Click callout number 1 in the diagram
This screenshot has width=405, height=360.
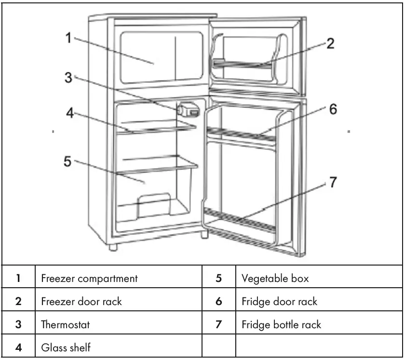[68, 38]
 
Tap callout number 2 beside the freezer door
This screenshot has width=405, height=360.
[329, 44]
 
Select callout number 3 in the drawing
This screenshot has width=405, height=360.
[68, 77]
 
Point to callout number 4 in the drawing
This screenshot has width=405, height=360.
[70, 114]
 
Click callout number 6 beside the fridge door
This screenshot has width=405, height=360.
[332, 109]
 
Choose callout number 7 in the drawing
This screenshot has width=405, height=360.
[333, 183]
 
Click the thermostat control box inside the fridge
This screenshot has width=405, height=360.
[189, 110]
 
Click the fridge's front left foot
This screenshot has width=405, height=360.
[113, 248]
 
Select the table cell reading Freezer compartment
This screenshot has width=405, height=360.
[89, 279]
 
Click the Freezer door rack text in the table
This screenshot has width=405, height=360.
[81, 302]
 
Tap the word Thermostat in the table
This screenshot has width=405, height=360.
[66, 325]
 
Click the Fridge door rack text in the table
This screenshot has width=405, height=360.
[279, 302]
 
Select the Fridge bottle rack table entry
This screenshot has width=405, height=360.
[281, 325]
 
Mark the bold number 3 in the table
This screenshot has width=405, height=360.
[18, 325]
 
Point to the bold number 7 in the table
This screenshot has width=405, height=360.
[218, 325]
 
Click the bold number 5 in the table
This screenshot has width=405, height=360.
[218, 279]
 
